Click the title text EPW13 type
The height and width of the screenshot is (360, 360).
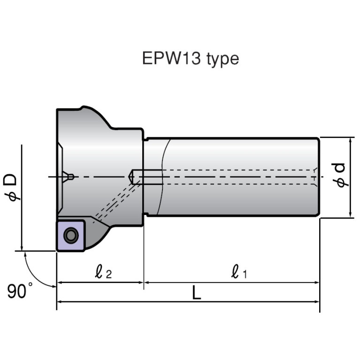190,59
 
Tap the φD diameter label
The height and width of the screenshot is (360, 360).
13,187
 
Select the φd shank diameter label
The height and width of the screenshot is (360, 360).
342,175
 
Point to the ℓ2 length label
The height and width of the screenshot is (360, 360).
103,272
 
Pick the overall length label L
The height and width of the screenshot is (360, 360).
197,294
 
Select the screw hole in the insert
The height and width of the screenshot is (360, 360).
71,235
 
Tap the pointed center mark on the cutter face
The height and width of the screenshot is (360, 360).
69,176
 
